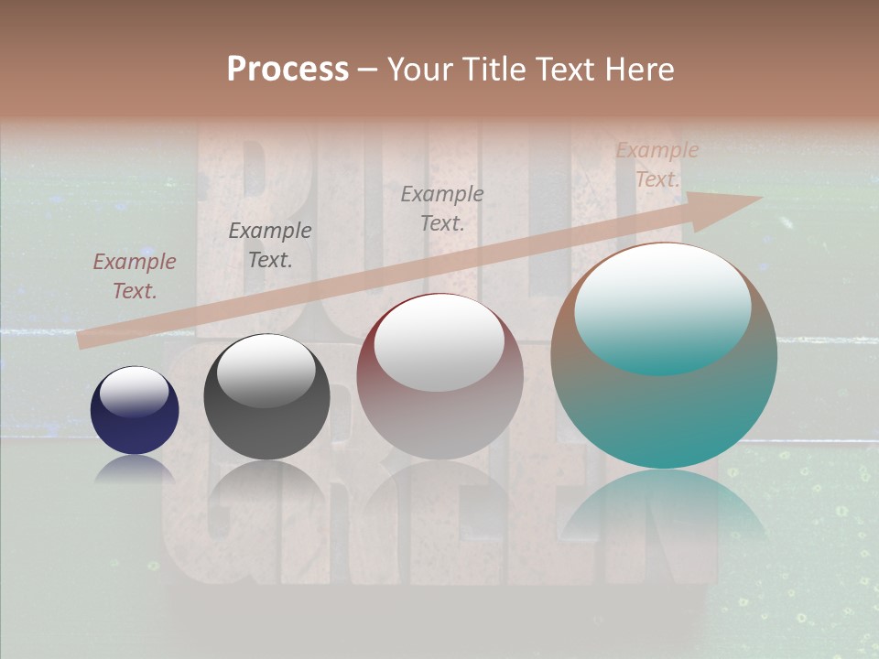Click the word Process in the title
coord(288,70)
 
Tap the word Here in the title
coord(637,70)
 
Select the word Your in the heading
coord(418,70)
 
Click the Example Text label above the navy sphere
coord(135,276)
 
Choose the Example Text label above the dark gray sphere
coord(270,245)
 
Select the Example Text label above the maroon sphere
coord(442,209)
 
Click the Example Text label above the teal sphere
coord(657,165)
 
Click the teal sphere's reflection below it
coord(664,508)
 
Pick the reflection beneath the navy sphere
coord(135,469)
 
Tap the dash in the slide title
coord(367,70)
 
